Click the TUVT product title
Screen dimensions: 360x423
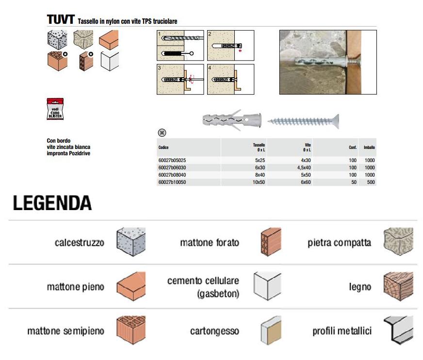coord(60,19)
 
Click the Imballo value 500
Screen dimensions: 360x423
coord(370,182)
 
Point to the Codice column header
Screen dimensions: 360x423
coord(163,147)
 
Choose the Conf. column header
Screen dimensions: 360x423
coord(353,147)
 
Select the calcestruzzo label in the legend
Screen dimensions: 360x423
coord(80,243)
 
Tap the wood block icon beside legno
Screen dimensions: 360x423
coord(398,287)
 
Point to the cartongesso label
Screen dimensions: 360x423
coord(214,331)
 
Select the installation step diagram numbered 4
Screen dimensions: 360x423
coord(230,79)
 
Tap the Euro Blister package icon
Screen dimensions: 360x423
coord(55,110)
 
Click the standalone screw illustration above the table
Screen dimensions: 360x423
coord(304,119)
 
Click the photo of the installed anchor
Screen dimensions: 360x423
coord(327,62)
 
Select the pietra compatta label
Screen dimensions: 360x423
coord(340,243)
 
